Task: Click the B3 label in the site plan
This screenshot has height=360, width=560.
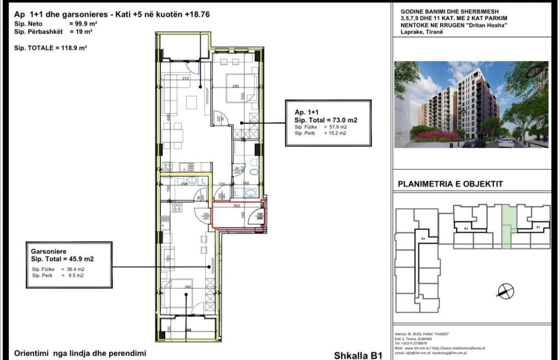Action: (422, 239)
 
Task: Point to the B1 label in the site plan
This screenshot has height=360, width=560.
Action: (538, 226)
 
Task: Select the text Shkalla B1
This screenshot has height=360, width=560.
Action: (357, 355)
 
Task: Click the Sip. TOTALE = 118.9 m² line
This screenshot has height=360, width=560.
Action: (51, 48)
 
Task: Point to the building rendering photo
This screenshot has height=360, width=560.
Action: (471, 104)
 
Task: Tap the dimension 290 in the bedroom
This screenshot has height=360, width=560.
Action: (235, 86)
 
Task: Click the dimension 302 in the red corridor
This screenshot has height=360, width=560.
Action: (237, 206)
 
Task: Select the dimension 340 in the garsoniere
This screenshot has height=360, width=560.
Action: (188, 286)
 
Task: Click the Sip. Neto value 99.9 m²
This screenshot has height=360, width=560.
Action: (79, 24)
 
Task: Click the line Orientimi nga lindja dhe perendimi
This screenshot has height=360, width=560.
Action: (80, 353)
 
